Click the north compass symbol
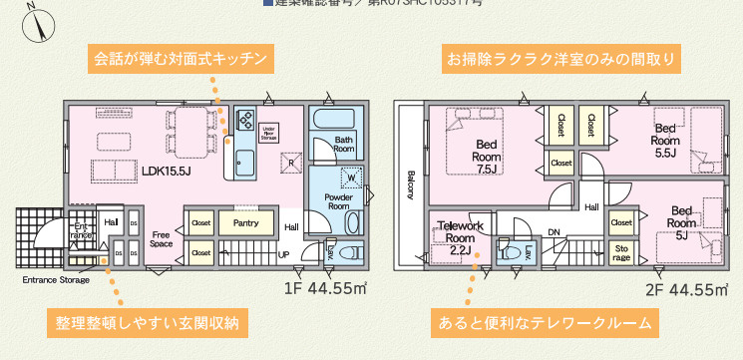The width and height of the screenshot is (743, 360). point(38,21)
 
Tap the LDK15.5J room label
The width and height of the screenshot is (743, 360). point(166,171)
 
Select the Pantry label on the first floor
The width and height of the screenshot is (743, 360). point(245,223)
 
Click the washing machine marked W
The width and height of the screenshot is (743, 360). point(351,179)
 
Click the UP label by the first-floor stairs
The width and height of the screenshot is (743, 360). point(284,254)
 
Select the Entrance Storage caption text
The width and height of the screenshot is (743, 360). point(56,280)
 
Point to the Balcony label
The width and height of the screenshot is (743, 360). point(410,183)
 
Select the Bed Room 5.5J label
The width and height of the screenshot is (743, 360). point(665,141)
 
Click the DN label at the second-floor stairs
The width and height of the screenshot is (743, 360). point(555,233)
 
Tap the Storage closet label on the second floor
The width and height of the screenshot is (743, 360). point(621,251)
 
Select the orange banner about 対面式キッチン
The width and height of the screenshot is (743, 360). point(181,59)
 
